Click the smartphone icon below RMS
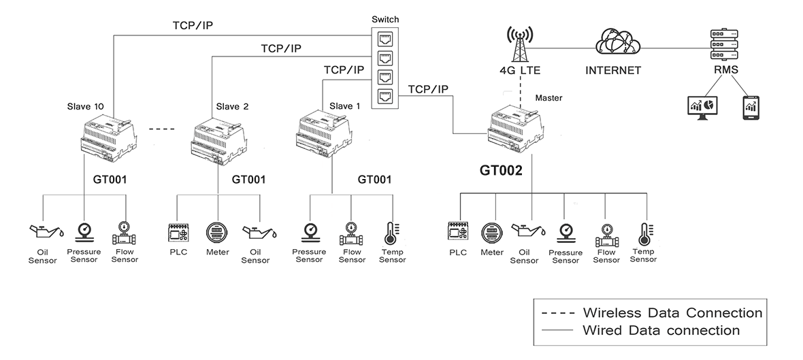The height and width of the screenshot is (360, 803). click(x=751, y=107)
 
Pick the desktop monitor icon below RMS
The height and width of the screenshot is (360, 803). click(x=702, y=107)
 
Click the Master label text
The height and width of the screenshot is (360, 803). click(x=549, y=98)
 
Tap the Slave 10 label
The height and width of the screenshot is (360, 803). click(x=86, y=106)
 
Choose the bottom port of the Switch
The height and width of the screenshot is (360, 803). click(x=386, y=95)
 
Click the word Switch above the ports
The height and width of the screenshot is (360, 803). click(x=385, y=19)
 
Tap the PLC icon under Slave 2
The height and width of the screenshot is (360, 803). click(x=178, y=232)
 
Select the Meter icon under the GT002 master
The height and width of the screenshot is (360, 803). click(x=491, y=232)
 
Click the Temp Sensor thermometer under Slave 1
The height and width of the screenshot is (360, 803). click(x=393, y=232)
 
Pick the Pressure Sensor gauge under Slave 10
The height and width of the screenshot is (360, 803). click(x=84, y=231)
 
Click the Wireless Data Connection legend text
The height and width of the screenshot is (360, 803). click(x=672, y=313)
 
